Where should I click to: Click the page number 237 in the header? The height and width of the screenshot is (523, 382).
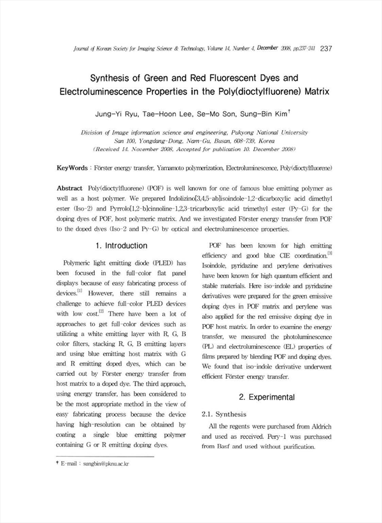pos(326,48)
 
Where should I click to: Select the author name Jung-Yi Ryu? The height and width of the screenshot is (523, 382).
pos(115,115)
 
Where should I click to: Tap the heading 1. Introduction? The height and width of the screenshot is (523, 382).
pos(121,246)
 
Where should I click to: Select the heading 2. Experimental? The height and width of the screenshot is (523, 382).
pos(267,397)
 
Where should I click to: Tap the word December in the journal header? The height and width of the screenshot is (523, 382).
pos(270,48)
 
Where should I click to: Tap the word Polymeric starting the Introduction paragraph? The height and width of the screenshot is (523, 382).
pos(82,263)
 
